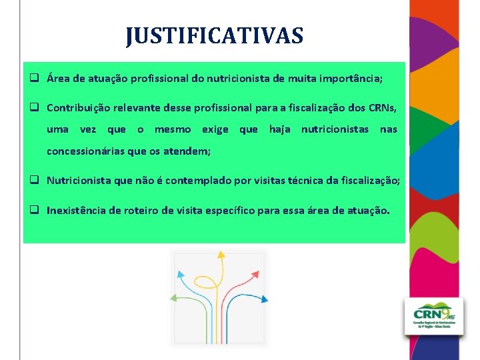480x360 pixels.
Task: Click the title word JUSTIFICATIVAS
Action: pos(214,35)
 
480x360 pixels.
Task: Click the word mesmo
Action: pos(173,129)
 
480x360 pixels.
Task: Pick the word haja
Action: pos(279,129)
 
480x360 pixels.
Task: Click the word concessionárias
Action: pos(87,152)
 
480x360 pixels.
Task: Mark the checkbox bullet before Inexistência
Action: pos(31,211)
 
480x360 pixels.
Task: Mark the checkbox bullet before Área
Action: pos(31,79)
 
